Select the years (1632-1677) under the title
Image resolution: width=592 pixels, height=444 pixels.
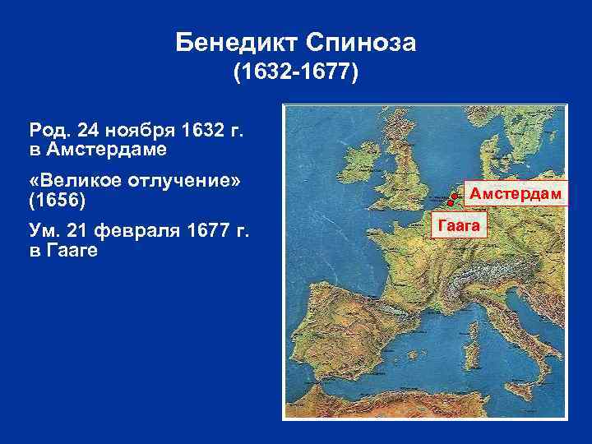(296, 75)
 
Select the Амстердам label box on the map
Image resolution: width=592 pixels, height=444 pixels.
(515, 194)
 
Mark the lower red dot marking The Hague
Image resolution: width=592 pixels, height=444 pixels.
(449, 203)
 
